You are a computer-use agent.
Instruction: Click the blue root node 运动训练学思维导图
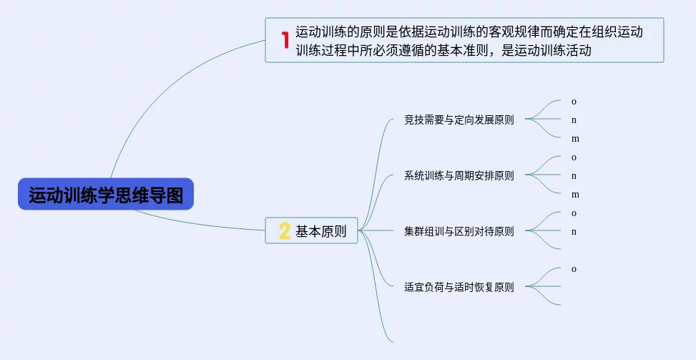pos(106,195)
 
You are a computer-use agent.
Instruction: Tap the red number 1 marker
pos(284,40)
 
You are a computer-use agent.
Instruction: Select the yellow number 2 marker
pos(284,230)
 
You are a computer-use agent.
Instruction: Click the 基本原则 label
pos(321,231)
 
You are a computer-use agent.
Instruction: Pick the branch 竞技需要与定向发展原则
pos(459,120)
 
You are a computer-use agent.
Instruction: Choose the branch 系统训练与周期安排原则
pos(459,175)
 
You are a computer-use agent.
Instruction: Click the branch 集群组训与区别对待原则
pos(459,231)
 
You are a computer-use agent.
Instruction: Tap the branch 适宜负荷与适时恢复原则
pos(459,287)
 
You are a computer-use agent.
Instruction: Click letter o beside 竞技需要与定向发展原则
pos(574,102)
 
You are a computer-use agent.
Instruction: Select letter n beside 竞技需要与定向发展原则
pos(574,120)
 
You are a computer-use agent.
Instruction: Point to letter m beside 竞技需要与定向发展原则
pos(575,139)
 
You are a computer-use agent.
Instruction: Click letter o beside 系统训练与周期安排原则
pos(574,157)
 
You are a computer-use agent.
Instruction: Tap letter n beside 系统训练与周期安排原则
pos(574,176)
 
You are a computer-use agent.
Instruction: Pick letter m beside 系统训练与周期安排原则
pos(575,195)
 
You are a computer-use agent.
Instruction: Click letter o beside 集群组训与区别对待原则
pos(574,213)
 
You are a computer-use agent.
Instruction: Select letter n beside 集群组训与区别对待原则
pos(574,232)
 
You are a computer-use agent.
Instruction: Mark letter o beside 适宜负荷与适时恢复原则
pos(574,269)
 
